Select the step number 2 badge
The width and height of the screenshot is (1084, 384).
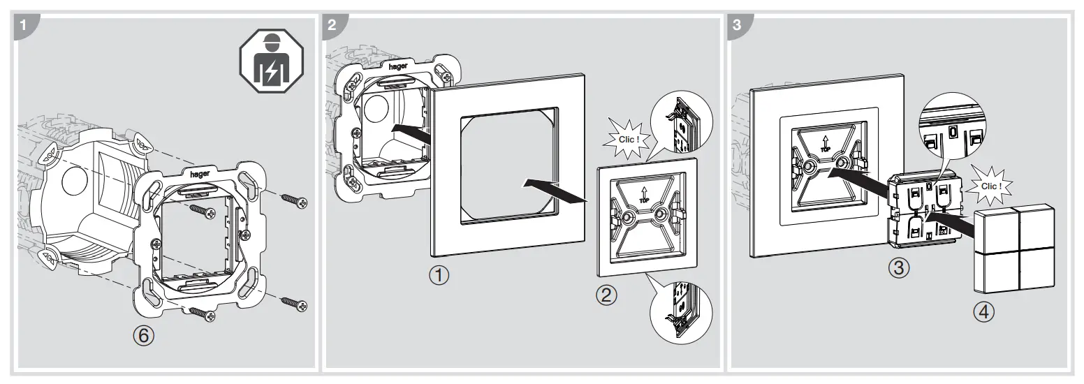[332, 23]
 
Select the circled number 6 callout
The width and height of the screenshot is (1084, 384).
[142, 337]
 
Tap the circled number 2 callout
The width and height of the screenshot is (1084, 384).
[608, 295]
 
